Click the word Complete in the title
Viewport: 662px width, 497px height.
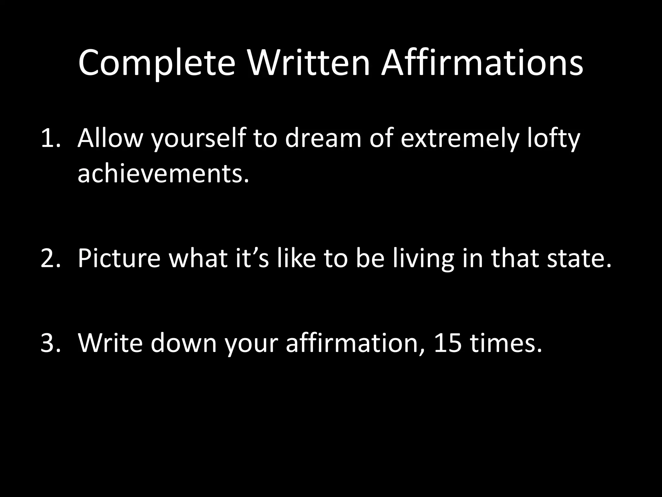[156, 63]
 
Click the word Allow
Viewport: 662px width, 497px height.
[110, 138]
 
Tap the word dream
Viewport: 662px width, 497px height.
[323, 138]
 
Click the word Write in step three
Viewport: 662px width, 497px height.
[110, 343]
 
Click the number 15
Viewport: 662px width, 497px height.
[448, 343]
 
